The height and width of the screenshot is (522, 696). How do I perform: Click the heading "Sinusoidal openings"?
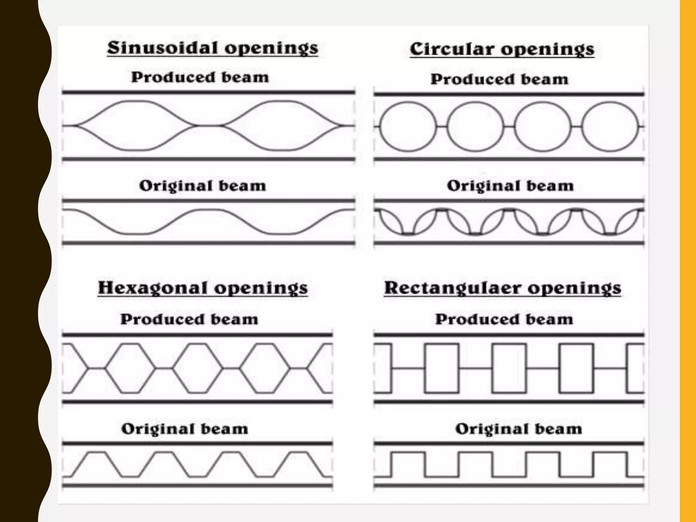point(213,48)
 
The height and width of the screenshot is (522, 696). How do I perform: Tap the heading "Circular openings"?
point(502,50)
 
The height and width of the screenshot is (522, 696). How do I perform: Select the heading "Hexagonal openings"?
point(203,288)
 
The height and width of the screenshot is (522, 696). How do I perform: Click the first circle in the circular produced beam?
point(408,126)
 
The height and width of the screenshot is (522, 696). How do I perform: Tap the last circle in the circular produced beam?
point(610,126)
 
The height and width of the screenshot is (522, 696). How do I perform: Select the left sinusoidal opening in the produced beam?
point(135,125)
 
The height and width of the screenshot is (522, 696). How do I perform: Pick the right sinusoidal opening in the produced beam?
point(281,125)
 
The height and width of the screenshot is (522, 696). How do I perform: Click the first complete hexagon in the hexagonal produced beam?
point(130,368)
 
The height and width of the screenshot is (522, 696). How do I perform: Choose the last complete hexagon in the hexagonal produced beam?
point(265,368)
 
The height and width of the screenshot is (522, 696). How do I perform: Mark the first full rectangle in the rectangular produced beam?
point(441,368)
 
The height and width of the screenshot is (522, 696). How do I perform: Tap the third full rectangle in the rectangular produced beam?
point(576,368)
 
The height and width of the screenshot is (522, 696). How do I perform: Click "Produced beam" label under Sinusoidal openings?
point(200,77)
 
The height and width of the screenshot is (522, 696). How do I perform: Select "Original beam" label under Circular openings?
point(510,186)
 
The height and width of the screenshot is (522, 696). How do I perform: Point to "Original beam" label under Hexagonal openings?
point(185,429)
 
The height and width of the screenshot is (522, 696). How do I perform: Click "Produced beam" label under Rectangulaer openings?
point(504,319)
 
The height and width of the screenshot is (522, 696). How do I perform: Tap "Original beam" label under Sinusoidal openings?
point(203,186)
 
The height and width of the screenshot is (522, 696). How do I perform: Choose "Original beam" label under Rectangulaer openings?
point(519,429)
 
